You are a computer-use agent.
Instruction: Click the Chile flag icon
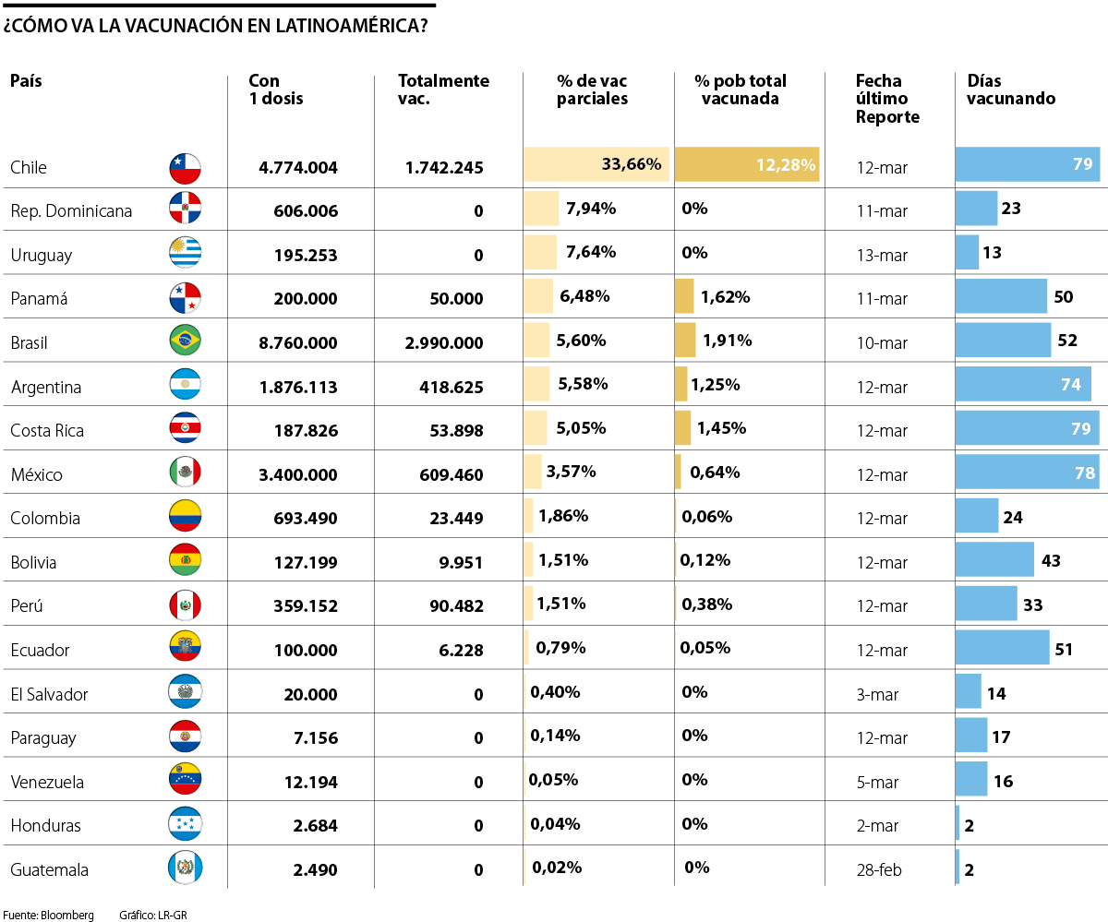(185, 167)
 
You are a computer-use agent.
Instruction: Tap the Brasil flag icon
(185, 341)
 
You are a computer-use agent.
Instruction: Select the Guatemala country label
(49, 869)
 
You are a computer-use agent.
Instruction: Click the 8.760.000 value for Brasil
(298, 342)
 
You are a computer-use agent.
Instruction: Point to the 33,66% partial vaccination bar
(596, 164)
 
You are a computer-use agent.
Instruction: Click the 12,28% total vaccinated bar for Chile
(746, 164)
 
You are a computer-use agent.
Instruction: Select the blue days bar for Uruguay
(967, 252)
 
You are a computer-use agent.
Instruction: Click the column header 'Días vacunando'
(1011, 90)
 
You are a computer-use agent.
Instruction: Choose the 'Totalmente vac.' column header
(443, 90)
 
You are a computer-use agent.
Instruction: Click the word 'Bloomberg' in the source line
(67, 916)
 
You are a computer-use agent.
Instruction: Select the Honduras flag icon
(185, 824)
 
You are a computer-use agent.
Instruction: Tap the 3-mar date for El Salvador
(877, 694)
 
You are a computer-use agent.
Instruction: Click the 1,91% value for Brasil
(727, 341)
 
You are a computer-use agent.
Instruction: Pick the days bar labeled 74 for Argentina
(1023, 384)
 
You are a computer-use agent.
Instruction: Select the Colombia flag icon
(185, 517)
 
